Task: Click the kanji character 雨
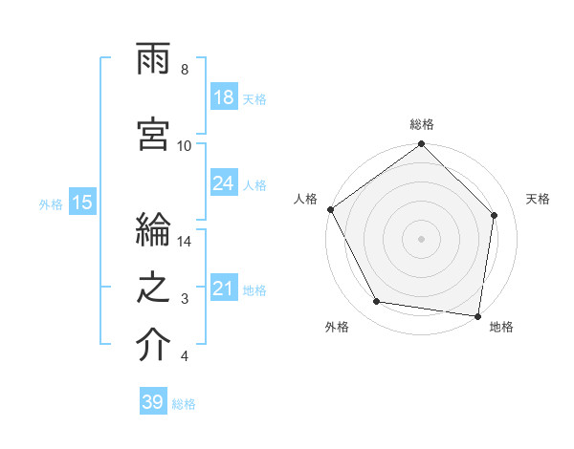click(154, 63)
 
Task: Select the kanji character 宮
click(154, 136)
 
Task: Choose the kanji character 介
click(154, 347)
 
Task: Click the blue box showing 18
click(224, 97)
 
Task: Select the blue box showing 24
click(224, 184)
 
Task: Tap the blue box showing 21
click(224, 289)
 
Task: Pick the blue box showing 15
click(82, 203)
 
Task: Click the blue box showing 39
click(153, 402)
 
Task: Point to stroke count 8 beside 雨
click(185, 70)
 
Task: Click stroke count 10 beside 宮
click(185, 145)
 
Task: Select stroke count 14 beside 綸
click(185, 242)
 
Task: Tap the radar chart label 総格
click(422, 124)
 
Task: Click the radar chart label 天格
click(539, 200)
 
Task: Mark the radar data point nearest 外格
click(377, 302)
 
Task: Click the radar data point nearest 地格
click(478, 315)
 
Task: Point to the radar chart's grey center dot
click(422, 238)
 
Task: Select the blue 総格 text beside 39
click(184, 404)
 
